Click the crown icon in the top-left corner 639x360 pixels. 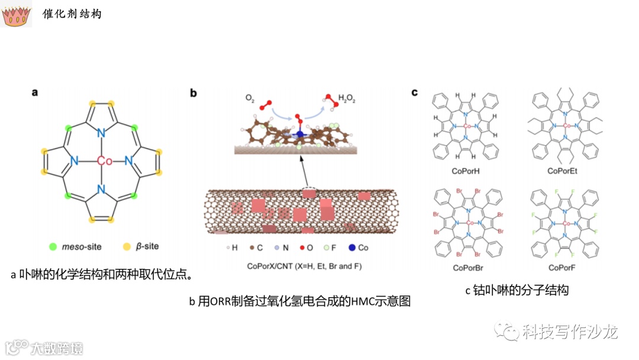(x=17, y=16)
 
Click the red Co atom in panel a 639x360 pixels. (x=104, y=161)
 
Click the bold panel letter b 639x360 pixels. (x=193, y=93)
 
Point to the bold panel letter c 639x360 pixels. (x=415, y=92)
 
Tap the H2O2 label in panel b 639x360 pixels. (x=348, y=98)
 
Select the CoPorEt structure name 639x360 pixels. (x=567, y=171)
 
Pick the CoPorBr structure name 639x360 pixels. (x=467, y=268)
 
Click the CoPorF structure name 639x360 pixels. (x=567, y=268)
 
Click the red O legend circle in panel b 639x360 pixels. (x=302, y=248)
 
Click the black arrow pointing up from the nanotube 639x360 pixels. (x=304, y=171)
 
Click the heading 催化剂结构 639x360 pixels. (x=72, y=13)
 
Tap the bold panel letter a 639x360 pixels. (x=35, y=92)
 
